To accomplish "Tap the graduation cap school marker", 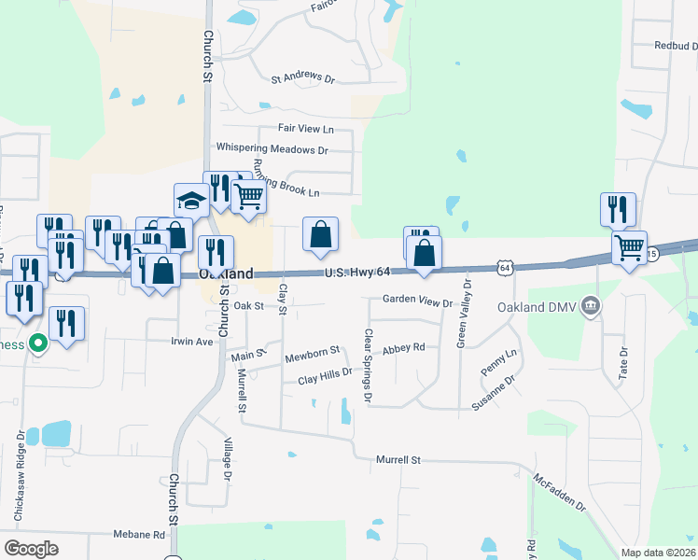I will [x=190, y=201].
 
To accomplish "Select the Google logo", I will [x=31, y=548].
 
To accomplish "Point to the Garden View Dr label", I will [x=417, y=302].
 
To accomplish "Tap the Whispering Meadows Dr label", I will [x=272, y=148].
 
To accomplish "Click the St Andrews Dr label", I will [x=302, y=78].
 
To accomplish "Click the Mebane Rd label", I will [x=140, y=535].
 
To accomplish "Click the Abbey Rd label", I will [x=403, y=347].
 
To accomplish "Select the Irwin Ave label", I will [x=192, y=342].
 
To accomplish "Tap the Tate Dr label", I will [x=624, y=359].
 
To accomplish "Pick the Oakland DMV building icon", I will [x=590, y=305].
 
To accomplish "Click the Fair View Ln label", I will [x=305, y=128].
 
